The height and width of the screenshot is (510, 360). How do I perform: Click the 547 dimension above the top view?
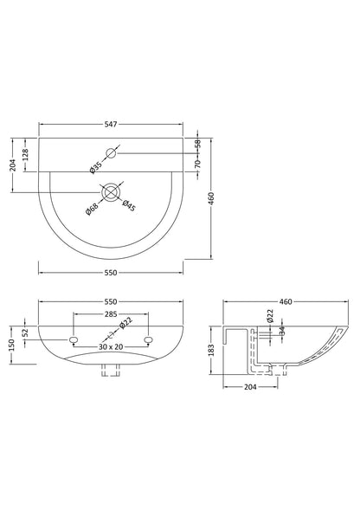111,125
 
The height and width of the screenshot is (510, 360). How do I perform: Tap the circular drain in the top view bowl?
112,190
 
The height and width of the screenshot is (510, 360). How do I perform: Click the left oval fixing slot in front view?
74,337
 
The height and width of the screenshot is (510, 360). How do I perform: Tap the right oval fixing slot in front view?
148,337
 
